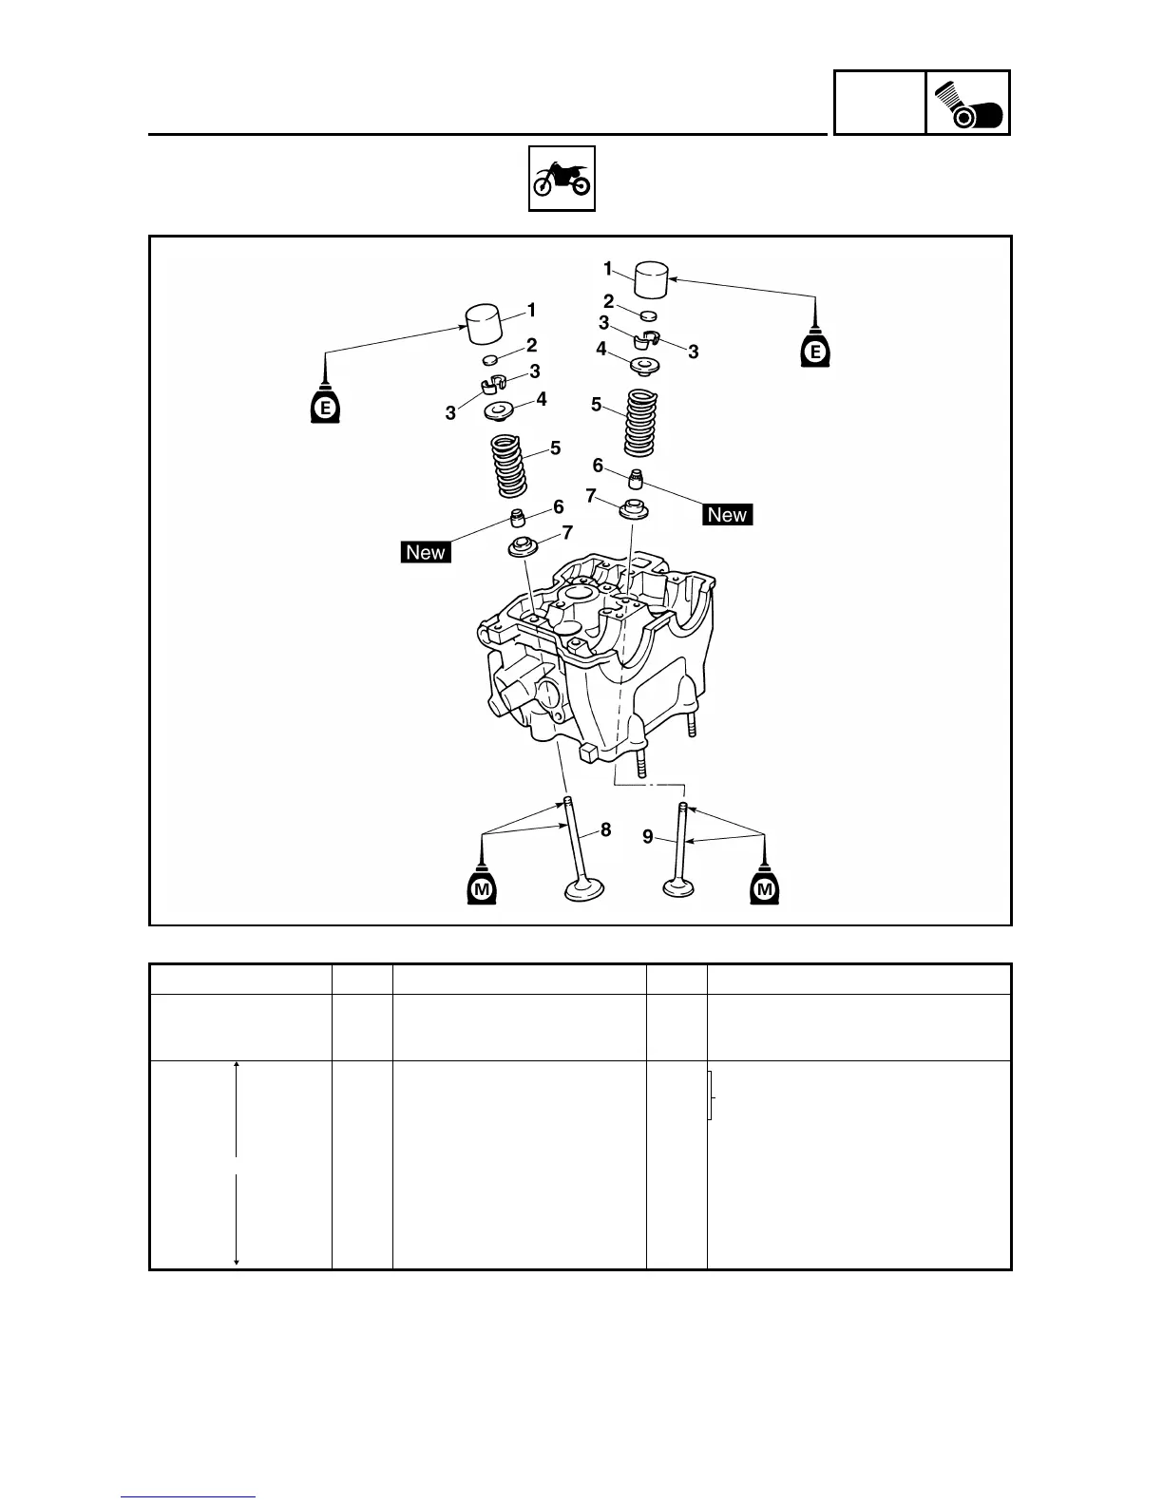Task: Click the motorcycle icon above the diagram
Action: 562,178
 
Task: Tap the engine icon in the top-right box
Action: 967,104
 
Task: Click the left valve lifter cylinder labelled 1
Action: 484,325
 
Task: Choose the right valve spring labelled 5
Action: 642,423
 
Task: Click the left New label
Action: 425,552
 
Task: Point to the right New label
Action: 727,515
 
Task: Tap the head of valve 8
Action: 584,891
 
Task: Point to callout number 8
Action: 605,829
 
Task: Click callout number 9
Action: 647,837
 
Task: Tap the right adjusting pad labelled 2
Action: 648,314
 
